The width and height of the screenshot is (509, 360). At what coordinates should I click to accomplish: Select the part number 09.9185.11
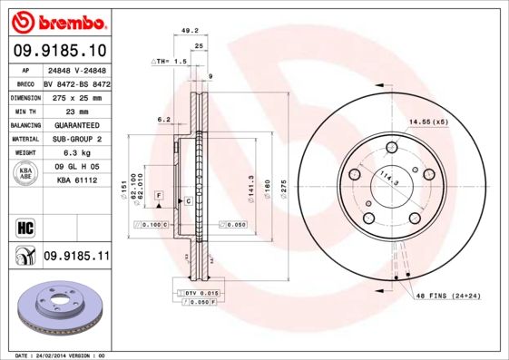tap(76, 258)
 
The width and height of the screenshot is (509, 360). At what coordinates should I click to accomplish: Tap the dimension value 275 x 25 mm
tap(76, 95)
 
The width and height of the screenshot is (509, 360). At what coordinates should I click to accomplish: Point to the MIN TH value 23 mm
tap(76, 110)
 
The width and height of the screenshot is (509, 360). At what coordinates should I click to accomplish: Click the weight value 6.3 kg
tap(76, 153)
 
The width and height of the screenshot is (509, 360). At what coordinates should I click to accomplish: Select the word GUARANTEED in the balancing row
tap(76, 124)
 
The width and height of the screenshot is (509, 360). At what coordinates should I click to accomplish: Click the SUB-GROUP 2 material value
tap(76, 139)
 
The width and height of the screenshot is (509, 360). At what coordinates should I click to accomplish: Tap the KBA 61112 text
tap(76, 181)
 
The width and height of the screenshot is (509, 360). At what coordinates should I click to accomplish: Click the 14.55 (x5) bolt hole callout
tap(428, 122)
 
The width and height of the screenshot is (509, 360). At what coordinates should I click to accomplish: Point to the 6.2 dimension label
tap(164, 119)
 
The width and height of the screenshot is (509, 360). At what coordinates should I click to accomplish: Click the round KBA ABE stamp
tap(24, 174)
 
